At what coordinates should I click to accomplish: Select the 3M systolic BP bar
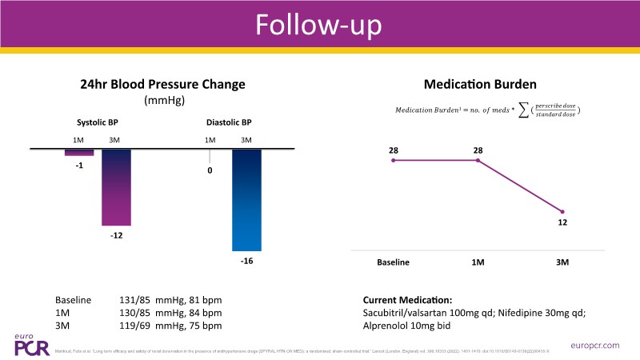(x=116, y=187)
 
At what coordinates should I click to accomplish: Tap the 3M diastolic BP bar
(x=246, y=200)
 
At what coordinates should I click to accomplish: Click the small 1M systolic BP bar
(x=79, y=152)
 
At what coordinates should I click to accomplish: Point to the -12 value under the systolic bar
(x=117, y=236)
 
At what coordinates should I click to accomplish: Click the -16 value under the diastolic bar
(x=246, y=262)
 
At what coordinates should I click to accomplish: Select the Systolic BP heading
(x=98, y=123)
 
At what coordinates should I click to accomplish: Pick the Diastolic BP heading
(x=228, y=123)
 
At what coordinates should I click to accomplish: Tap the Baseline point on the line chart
(x=394, y=161)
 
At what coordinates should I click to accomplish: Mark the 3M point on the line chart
(x=562, y=211)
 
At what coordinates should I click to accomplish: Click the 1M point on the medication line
(x=478, y=161)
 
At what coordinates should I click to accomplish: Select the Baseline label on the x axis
(x=394, y=262)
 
